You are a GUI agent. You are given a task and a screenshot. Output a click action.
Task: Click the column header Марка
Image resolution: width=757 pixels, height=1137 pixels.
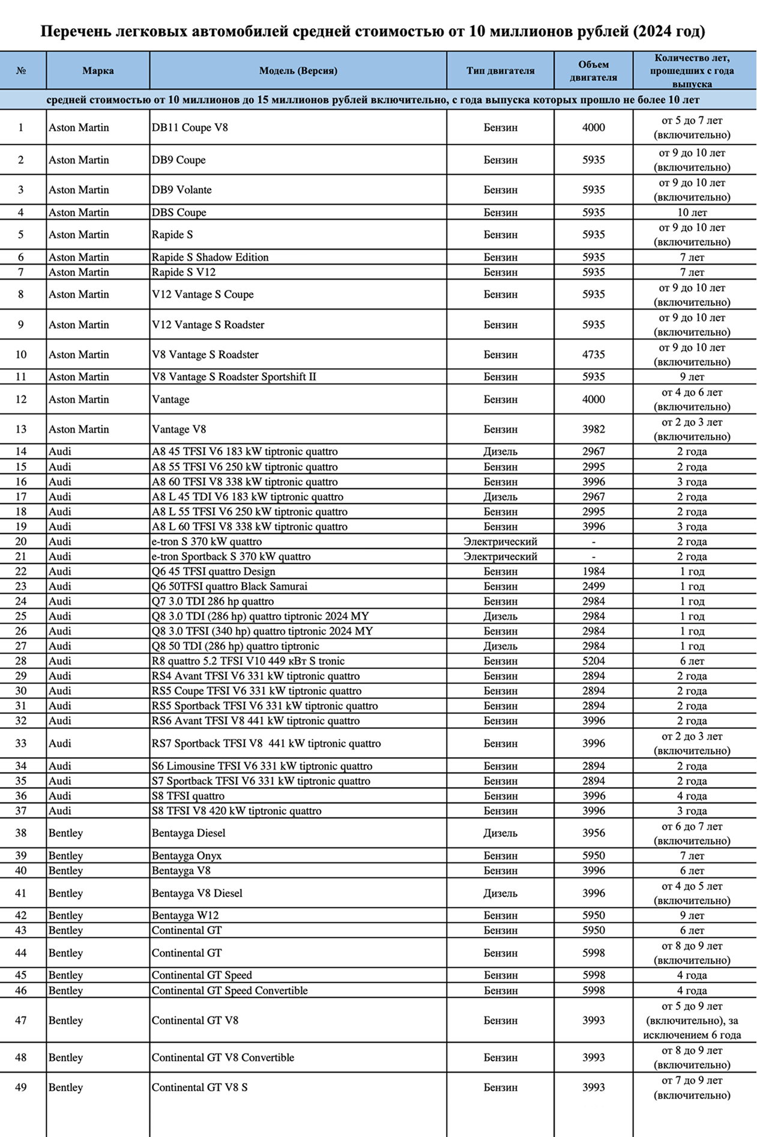tap(98, 71)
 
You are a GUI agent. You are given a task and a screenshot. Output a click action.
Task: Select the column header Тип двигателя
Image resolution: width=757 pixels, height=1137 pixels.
tap(500, 71)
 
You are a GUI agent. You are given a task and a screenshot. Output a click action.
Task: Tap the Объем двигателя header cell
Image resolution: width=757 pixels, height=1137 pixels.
tap(593, 71)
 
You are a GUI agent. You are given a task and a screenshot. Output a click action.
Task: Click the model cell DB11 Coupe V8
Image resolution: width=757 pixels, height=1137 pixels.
tap(190, 127)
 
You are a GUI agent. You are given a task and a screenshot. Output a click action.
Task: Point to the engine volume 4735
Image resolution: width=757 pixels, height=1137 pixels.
tap(593, 355)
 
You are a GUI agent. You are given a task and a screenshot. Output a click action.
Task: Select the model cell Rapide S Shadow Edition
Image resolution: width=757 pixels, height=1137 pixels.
tap(210, 257)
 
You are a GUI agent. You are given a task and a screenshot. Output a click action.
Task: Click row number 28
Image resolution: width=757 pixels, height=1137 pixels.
tap(21, 661)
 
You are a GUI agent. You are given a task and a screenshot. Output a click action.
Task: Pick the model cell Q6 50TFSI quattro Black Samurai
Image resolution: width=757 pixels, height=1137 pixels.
tap(229, 586)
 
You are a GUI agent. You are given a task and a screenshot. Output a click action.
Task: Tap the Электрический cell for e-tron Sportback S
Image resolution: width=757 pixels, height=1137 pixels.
tap(500, 556)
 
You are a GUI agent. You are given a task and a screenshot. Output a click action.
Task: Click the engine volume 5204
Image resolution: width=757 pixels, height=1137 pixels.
tap(593, 661)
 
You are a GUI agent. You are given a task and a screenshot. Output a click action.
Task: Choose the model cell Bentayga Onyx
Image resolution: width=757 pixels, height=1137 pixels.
tap(187, 856)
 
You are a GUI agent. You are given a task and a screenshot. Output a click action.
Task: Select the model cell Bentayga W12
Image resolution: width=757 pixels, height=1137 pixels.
tap(185, 916)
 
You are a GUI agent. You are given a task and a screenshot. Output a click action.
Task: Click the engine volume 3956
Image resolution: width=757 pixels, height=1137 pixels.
tap(593, 833)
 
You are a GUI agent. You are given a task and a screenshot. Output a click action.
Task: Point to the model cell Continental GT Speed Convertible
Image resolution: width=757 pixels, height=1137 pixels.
tap(229, 991)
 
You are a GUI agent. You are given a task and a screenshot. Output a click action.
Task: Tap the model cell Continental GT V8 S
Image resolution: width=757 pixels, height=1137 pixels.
tap(199, 1087)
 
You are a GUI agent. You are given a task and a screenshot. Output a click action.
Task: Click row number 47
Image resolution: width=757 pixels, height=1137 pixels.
tap(21, 1020)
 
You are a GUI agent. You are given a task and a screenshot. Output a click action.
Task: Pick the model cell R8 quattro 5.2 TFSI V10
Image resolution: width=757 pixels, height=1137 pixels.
tap(248, 661)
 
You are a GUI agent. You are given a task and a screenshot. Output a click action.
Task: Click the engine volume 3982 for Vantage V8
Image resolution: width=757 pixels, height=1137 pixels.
tap(593, 429)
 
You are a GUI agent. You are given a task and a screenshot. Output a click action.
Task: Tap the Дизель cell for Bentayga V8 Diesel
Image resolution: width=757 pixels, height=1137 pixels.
tap(500, 893)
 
